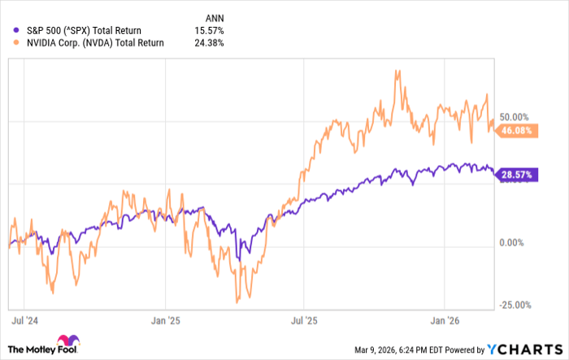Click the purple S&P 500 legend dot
(9, 31)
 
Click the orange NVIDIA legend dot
(9, 43)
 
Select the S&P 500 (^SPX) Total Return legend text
(78, 31)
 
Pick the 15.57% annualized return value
(210, 31)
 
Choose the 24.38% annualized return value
(210, 43)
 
